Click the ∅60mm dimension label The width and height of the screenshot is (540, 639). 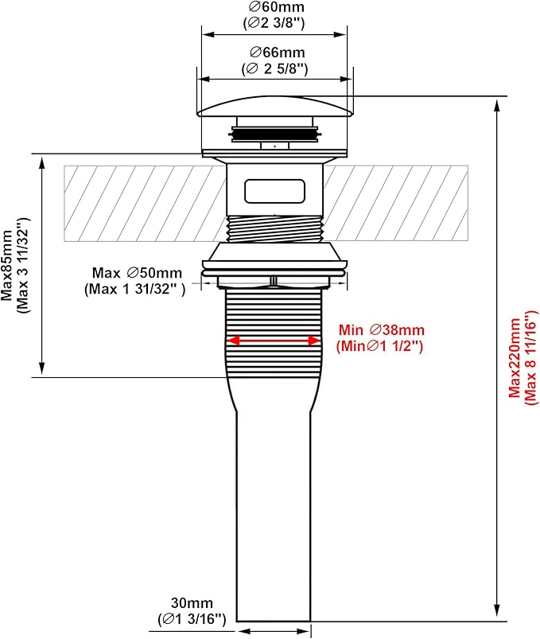click(x=275, y=7)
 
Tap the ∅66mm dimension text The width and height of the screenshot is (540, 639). click(x=275, y=53)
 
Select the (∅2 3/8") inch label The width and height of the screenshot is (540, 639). click(x=275, y=22)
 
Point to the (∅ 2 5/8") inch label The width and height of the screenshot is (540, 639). click(x=275, y=68)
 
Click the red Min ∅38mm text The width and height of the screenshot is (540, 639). click(x=382, y=330)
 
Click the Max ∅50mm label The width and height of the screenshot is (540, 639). click(x=137, y=273)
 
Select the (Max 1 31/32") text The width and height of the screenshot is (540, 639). click(x=134, y=289)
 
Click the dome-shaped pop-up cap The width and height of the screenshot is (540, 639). click(x=275, y=106)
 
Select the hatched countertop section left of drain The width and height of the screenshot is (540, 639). click(x=143, y=202)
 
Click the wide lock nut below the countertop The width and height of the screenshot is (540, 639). click(x=275, y=258)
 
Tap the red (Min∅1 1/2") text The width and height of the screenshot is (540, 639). click(x=379, y=346)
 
